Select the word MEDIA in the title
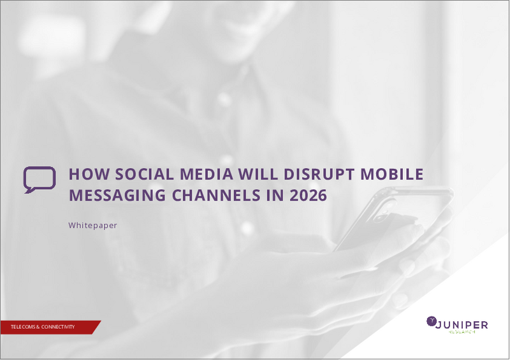(x=206, y=174)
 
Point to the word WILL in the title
(x=258, y=174)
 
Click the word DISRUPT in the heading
(x=319, y=174)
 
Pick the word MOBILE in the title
(x=391, y=174)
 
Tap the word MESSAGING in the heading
(x=117, y=195)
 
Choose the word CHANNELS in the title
(x=216, y=195)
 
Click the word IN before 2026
(x=275, y=195)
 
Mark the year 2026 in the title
(x=308, y=195)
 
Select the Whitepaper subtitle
(x=92, y=226)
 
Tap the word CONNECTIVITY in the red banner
(x=58, y=327)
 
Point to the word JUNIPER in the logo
(x=462, y=325)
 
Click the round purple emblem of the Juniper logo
(x=431, y=321)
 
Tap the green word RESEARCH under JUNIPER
(x=462, y=332)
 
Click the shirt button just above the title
(x=227, y=159)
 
